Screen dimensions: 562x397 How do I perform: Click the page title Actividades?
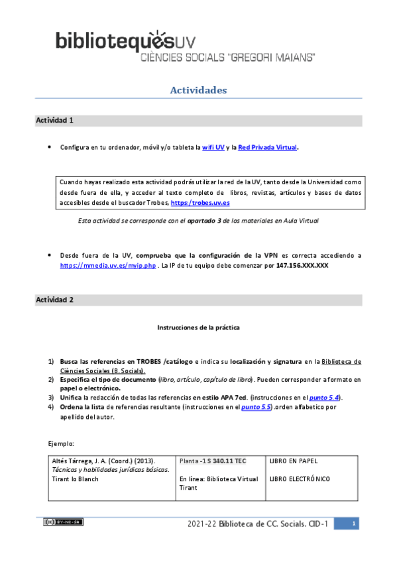pos(198,89)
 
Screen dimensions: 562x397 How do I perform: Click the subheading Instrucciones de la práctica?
pos(198,327)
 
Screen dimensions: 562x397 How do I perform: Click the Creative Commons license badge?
pos(63,522)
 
